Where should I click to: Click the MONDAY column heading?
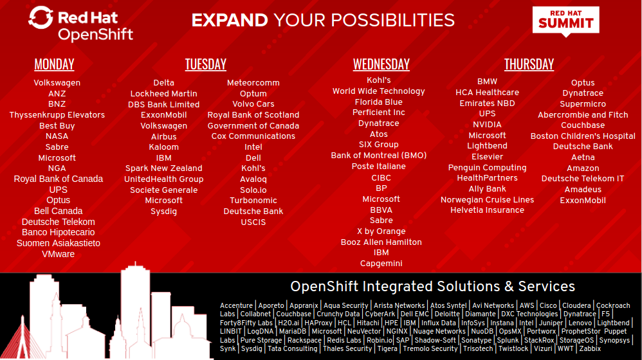pos(54,64)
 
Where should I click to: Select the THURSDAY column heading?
pos(529,64)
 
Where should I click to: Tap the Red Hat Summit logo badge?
pos(566,21)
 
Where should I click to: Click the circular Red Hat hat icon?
pos(41,18)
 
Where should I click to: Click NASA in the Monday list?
pos(57,136)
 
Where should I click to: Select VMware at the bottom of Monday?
pos(58,254)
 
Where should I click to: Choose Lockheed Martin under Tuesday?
pos(163,94)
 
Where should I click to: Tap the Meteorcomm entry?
pos(253,83)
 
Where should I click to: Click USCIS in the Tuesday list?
pos(253,222)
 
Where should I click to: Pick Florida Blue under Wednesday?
pos(378,102)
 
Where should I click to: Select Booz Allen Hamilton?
pos(381,242)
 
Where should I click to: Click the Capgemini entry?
pos(381,264)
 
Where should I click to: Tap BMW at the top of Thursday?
pos(487,82)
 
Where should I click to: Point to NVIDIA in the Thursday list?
pos(487,125)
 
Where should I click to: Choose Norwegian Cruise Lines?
pos(487,200)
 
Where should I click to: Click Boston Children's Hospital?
pos(583,136)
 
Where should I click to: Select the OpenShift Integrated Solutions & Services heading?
pos(432,287)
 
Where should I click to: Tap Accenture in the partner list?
pos(237,306)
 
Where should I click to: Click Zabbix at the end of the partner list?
pos(589,349)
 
